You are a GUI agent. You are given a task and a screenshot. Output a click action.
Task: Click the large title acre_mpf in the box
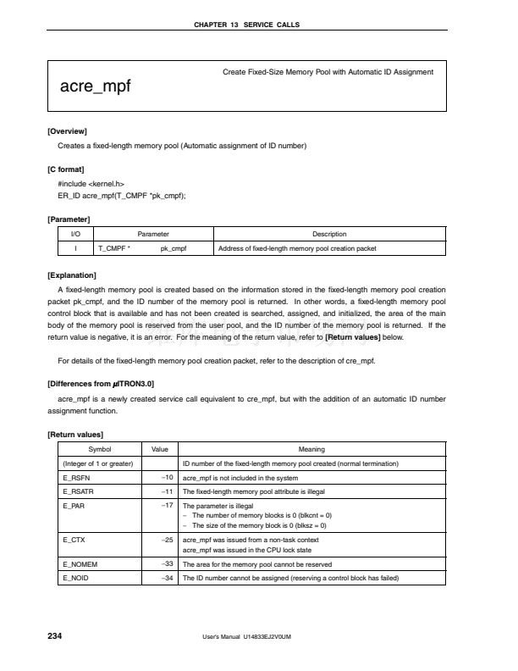point(95,86)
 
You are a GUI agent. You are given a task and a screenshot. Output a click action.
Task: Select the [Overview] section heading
point(68,131)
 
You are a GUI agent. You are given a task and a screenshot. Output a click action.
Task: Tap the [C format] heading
point(66,169)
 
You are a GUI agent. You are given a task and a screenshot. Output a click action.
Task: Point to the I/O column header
point(75,234)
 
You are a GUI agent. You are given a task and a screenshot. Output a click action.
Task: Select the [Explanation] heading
point(72,275)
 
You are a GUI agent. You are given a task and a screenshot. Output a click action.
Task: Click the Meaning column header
point(312,449)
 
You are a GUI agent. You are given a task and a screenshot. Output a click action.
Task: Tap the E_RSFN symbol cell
point(77,477)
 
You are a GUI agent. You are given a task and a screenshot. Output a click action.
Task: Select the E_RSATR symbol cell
point(79,491)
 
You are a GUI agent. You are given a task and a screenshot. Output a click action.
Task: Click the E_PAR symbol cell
point(74,505)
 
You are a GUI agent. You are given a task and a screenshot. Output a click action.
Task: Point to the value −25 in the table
point(168,539)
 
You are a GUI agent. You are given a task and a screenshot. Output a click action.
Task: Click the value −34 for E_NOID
point(168,578)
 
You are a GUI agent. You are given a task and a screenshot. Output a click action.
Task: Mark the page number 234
point(54,635)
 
